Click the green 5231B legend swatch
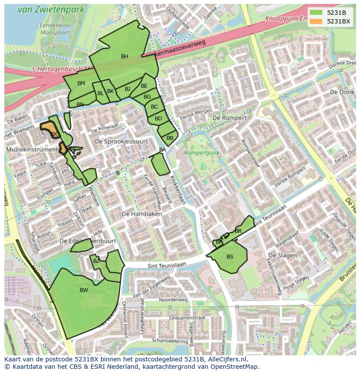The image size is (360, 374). [x=316, y=13]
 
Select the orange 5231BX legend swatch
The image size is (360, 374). [x=316, y=21]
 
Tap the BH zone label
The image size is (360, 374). [x=124, y=56]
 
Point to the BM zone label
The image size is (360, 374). [x=81, y=83]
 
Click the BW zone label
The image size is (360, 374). [x=84, y=290]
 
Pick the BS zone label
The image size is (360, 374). [x=230, y=257]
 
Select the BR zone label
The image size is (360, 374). [x=238, y=231]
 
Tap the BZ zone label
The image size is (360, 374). [x=97, y=261]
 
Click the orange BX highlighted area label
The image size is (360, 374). [x=54, y=134]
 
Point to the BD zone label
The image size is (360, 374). [x=158, y=119]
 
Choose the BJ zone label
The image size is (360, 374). [x=127, y=89]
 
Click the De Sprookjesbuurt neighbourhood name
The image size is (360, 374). [x=121, y=142]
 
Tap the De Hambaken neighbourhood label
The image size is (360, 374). [x=142, y=214]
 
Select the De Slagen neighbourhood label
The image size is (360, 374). [x=282, y=255]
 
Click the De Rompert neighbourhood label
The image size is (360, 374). [x=230, y=118]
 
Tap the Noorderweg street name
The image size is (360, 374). [x=173, y=300]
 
